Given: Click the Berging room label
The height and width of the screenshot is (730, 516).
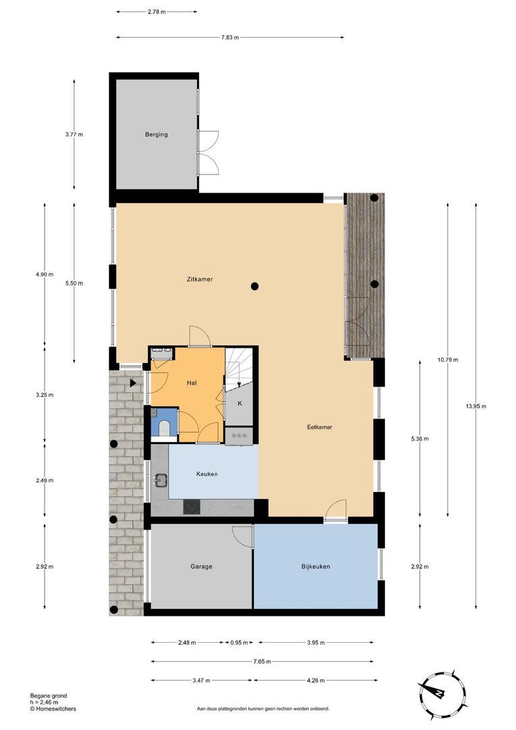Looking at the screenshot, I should [156, 135].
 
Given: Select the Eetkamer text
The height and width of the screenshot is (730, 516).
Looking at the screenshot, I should [319, 427].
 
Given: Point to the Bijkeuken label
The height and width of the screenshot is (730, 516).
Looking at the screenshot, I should [315, 566].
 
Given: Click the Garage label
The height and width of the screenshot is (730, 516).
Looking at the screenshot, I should [201, 566].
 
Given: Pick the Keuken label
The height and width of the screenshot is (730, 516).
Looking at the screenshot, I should [207, 474].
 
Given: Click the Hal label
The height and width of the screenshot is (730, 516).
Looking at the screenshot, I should [192, 383].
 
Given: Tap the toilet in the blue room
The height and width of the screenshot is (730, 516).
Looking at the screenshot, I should [163, 425].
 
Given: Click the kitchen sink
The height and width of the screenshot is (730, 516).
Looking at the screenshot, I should [161, 481].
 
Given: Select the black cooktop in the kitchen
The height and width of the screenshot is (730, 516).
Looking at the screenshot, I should [192, 506].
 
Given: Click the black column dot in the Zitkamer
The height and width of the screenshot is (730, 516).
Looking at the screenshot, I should [255, 286].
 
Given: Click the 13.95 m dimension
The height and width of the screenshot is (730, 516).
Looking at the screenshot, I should [475, 406].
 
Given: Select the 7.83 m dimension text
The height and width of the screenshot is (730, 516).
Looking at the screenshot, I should [230, 37].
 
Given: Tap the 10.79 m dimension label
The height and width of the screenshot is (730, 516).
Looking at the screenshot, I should [447, 360].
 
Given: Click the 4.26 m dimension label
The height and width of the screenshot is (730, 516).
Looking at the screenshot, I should [315, 680].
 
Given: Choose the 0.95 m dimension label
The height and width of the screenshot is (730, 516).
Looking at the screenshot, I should [239, 643].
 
